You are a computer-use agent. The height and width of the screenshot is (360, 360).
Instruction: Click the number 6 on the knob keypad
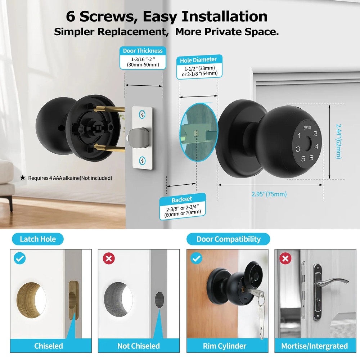311,157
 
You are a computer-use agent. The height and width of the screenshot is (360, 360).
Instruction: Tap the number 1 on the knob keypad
299,136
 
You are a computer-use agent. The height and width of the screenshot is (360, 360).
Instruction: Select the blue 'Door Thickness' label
143,51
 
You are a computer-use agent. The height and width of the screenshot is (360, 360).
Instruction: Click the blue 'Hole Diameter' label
199,59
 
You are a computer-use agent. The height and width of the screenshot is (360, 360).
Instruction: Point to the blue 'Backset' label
182,199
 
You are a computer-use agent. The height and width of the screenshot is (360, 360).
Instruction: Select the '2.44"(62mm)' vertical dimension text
338,141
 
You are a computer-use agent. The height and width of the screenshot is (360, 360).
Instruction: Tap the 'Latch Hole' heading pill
38,239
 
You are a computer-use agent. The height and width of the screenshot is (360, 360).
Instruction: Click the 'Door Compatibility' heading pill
228,239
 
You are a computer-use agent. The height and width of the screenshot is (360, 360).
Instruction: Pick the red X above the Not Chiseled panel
108,258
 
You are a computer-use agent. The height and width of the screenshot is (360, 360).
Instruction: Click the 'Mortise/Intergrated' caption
314,346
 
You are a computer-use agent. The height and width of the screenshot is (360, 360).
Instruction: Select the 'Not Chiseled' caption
138,346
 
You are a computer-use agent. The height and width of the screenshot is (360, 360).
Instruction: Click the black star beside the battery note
23,177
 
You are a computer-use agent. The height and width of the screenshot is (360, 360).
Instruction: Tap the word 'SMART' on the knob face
307,128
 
